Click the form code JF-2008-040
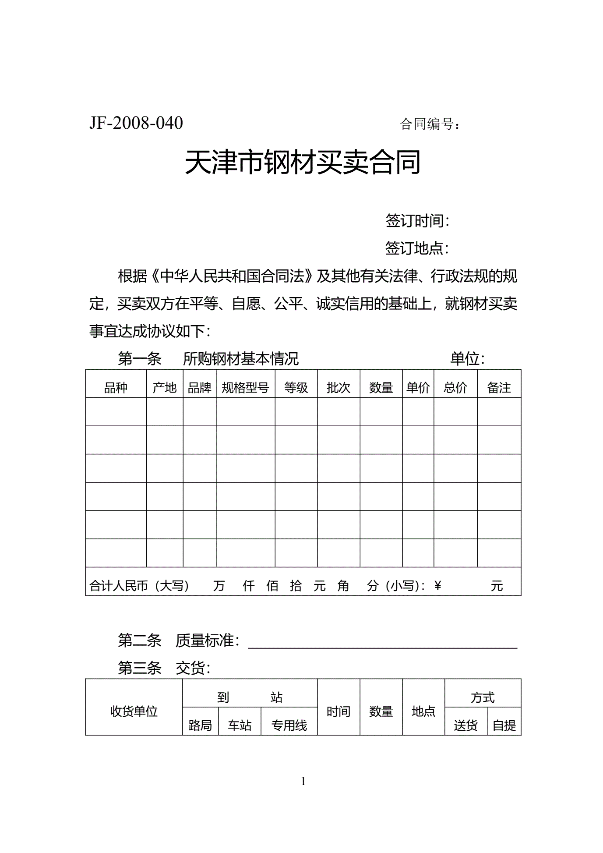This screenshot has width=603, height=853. (136, 123)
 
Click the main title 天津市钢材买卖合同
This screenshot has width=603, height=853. (303, 162)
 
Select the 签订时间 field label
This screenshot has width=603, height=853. (416, 221)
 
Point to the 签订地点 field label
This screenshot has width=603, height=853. (416, 248)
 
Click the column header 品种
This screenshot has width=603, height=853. (116, 388)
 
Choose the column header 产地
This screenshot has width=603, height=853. (164, 388)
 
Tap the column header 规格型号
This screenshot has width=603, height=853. (245, 388)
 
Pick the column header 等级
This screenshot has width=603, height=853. (296, 388)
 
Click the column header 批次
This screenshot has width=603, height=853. (339, 388)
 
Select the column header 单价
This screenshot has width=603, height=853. (418, 388)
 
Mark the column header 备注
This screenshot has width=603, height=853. (499, 388)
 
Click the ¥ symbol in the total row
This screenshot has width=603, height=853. (437, 585)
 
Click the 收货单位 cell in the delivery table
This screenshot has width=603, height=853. (134, 711)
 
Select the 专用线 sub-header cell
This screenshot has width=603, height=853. (289, 726)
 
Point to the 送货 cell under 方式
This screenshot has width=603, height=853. (465, 726)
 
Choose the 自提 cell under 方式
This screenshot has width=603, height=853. (504, 726)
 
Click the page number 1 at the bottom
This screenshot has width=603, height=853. (303, 781)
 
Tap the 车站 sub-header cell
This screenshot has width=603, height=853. (240, 726)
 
